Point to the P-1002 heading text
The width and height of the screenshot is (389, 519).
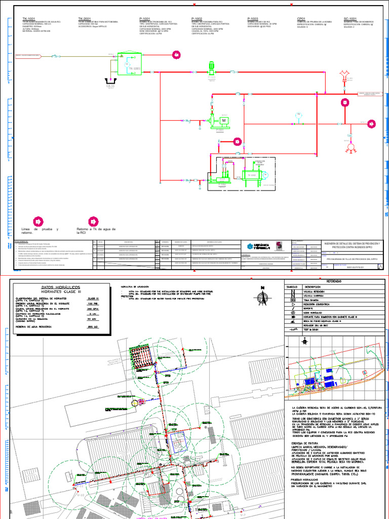pos(199,18)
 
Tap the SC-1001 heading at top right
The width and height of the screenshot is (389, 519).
pos(351,18)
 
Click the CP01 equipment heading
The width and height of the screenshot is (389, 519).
pos(301,18)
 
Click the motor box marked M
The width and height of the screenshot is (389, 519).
pos(223,120)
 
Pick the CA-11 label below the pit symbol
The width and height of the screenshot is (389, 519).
pos(110,87)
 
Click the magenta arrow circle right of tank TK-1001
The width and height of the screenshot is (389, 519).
pos(176,55)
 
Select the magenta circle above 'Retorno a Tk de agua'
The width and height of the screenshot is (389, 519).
pos(93,221)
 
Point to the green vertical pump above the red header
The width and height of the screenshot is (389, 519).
pos(212,68)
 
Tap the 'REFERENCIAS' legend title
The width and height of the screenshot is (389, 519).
pos(334,280)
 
